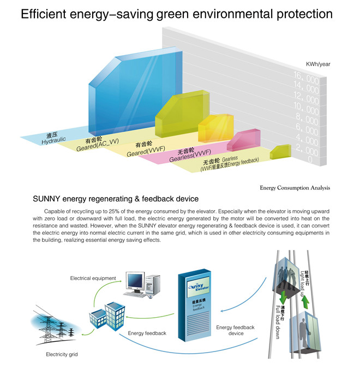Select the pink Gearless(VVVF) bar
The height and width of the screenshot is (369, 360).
pyautogui.click(x=244, y=140)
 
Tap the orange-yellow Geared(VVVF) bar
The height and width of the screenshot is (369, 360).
pyautogui.click(x=216, y=128)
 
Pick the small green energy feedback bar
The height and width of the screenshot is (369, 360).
pyautogui.click(x=280, y=152)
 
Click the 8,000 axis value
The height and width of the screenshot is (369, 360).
pyautogui.click(x=307, y=119)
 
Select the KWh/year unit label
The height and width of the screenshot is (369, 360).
pyautogui.click(x=318, y=64)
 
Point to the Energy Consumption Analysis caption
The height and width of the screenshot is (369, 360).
pyautogui.click(x=295, y=188)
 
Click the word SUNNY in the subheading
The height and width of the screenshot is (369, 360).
pyautogui.click(x=46, y=199)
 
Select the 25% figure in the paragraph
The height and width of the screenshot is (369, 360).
pyautogui.click(x=114, y=211)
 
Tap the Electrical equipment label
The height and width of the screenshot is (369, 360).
pyautogui.click(x=93, y=278)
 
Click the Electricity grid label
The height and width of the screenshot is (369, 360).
pyautogui.click(x=62, y=354)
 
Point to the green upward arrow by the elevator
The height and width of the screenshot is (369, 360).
pyautogui.click(x=305, y=302)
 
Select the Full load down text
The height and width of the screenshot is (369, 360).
pyautogui.click(x=278, y=322)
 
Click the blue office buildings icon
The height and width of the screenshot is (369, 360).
pyautogui.click(x=107, y=316)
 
